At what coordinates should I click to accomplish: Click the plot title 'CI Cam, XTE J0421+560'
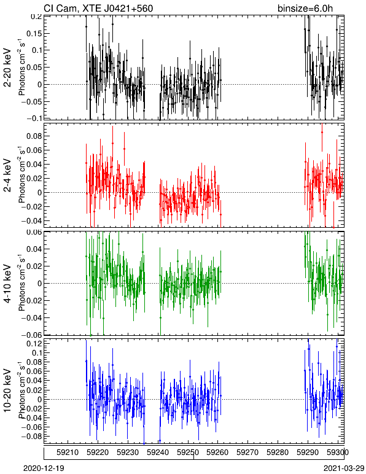(x=98, y=8)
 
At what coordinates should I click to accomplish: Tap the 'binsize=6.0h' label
(x=305, y=8)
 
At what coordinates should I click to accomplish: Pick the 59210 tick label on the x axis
(x=68, y=453)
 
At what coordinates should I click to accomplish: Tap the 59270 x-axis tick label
(x=248, y=453)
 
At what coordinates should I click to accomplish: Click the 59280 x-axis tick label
(x=278, y=453)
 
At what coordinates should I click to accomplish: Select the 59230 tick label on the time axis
(x=128, y=453)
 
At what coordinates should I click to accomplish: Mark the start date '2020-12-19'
(x=44, y=468)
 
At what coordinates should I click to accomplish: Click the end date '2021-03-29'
(x=345, y=468)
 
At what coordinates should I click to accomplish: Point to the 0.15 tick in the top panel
(x=34, y=33)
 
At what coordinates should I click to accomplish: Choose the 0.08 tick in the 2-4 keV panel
(x=34, y=136)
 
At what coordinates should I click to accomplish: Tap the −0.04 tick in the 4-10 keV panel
(x=32, y=317)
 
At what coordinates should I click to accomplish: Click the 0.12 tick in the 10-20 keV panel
(x=34, y=343)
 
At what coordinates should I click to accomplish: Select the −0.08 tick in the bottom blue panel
(x=32, y=437)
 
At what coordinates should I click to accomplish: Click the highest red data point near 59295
(x=322, y=133)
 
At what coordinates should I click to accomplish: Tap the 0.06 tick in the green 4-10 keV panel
(x=34, y=233)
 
